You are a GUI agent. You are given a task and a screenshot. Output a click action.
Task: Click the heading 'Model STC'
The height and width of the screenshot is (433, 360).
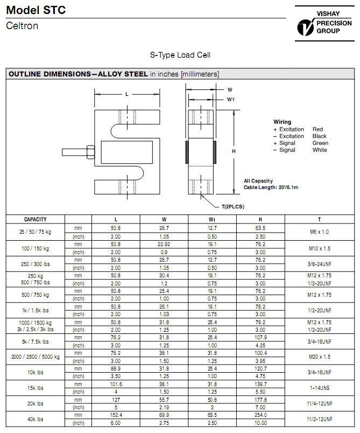pos(36,10)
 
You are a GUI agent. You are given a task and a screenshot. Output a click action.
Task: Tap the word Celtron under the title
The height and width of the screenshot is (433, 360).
pos(22,26)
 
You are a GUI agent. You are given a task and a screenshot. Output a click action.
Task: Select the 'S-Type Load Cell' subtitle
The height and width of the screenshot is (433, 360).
pos(180,55)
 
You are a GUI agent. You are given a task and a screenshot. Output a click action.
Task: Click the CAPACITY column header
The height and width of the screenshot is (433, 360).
pos(36,219)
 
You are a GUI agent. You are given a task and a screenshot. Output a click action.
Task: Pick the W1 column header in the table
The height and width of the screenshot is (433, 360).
pos(213,219)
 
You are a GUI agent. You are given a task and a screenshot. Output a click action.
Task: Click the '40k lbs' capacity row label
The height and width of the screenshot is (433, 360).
pos(36,420)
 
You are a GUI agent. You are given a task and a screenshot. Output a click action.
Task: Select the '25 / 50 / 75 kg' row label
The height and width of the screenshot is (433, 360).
pos(36,231)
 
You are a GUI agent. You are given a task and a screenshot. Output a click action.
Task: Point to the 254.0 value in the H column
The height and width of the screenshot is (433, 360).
pos(260,416)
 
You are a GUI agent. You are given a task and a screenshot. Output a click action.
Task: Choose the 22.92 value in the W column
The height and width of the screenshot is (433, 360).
pos(164,243)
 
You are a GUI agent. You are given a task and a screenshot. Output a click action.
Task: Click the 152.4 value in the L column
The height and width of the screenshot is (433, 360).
pos(116,416)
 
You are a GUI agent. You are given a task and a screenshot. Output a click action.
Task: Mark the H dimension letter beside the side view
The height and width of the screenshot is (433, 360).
pos(234,151)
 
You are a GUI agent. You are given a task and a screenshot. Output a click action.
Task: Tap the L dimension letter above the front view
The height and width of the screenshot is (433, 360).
pos(126,94)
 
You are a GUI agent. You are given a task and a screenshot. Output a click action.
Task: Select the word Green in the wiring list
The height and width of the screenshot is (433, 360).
pos(320,143)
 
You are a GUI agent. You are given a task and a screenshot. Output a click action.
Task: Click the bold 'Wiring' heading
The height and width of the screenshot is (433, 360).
pos(282,122)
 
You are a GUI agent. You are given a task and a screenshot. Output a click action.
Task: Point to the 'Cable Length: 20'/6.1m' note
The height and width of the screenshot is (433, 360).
pos(271,187)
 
